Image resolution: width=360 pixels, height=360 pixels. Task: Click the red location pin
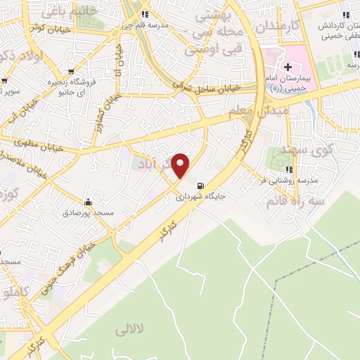coord(181,165)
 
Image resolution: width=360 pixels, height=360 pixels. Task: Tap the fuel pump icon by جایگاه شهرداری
coord(202,186)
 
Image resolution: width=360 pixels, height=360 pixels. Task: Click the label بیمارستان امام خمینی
coord(288,83)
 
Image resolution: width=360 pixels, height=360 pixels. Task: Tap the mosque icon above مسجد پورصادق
coord(87,201)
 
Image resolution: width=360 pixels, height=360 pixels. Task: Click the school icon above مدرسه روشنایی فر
coord(288,169)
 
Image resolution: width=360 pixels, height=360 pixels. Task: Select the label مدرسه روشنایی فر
coord(288,181)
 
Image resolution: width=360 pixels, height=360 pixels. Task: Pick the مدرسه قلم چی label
coord(144,25)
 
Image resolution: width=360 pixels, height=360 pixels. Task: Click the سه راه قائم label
coord(292,202)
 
